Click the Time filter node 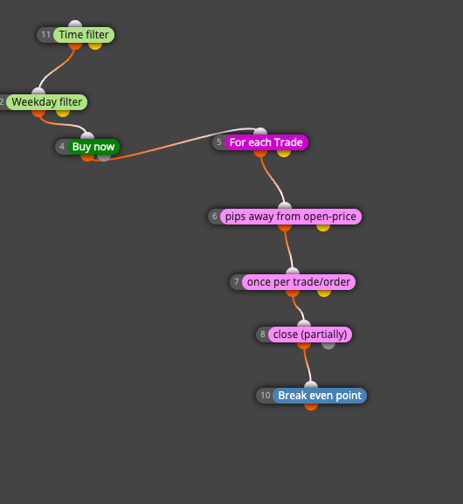click(84, 35)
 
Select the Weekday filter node click(47, 102)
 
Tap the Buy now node click(93, 147)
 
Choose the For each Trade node click(266, 142)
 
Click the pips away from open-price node click(291, 217)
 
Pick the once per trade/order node click(299, 282)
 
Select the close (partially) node click(310, 335)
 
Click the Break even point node click(320, 396)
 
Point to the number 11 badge click(45, 35)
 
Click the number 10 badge click(266, 396)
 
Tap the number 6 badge click(214, 217)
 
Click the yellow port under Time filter click(95, 46)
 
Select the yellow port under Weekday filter click(63, 114)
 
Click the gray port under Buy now click(104, 157)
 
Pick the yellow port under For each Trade click(284, 154)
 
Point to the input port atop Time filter click(75, 24)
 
